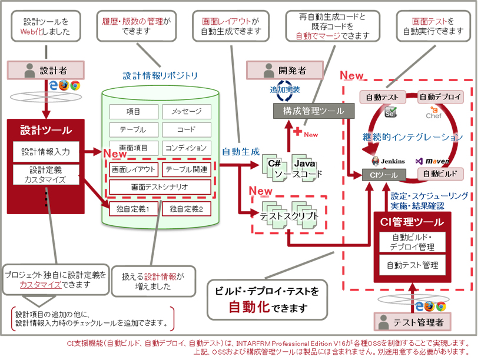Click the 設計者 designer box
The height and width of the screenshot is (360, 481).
point(45,70)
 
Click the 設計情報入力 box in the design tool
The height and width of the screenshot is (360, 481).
point(45,152)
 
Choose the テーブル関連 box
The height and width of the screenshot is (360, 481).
point(186,170)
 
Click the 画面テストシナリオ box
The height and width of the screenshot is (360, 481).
point(160,188)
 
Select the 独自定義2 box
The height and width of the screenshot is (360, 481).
point(186,208)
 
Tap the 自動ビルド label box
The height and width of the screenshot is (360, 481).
point(440,174)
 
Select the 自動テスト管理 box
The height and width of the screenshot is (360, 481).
point(412,266)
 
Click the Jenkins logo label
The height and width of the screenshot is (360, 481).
point(388,161)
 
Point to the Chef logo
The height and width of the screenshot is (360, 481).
point(433,113)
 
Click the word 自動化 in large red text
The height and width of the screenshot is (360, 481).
point(250,306)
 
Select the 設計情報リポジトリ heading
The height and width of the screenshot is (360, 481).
point(160,76)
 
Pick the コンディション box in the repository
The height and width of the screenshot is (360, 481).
point(186,148)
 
